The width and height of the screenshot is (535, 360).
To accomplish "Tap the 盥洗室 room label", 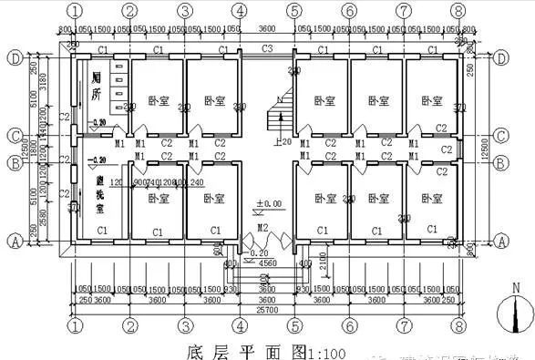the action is [98, 195].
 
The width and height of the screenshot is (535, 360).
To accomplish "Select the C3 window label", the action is [267, 47].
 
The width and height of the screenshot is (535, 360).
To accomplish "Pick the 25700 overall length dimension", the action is [265, 310].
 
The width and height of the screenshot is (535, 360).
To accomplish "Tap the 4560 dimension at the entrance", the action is [267, 263].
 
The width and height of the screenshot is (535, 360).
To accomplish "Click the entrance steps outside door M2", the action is [266, 272].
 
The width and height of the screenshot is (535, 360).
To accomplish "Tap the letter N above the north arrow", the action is [517, 288].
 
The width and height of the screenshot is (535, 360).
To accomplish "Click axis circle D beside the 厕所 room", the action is [15, 57].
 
